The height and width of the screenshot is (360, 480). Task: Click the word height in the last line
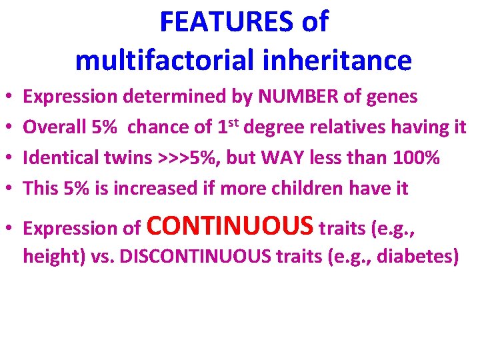(47, 257)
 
